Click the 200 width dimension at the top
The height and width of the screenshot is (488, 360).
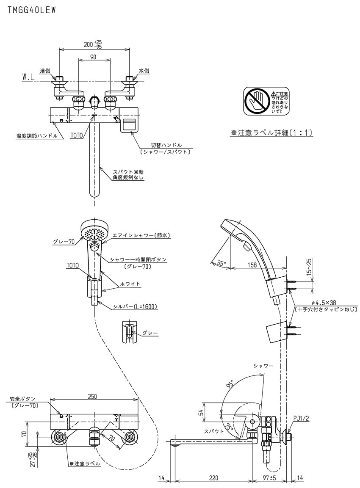coord(90,44)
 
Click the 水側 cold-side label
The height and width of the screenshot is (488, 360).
coord(144,71)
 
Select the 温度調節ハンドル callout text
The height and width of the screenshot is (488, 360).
coord(36,136)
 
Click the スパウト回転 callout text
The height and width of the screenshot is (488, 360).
coord(128,172)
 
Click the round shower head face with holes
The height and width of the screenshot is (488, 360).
coord(94,233)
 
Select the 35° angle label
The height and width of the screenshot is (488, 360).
coord(221,263)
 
